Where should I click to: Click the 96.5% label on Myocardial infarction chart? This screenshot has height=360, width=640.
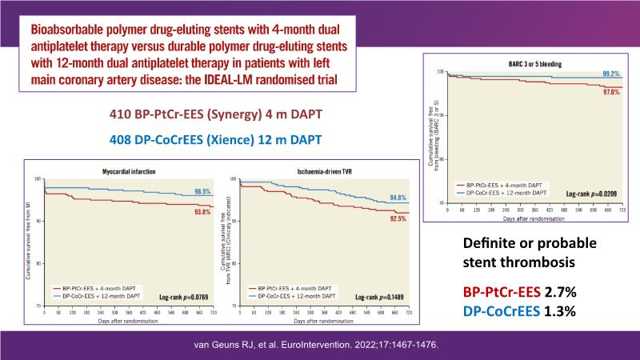(x=202, y=193)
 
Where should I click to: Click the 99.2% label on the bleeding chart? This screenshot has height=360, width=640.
(x=610, y=74)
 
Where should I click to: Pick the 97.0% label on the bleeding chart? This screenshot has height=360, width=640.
(x=610, y=93)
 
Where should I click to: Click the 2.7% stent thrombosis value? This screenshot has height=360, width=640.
(x=555, y=291)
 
